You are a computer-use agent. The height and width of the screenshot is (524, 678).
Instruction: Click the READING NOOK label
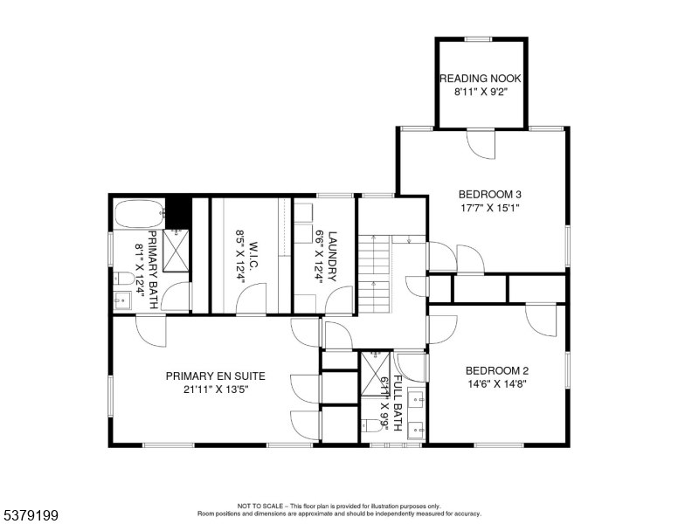click(x=481, y=78)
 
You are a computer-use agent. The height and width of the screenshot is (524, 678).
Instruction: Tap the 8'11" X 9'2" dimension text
click(x=481, y=91)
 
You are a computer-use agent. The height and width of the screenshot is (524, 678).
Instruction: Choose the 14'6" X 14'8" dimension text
click(x=495, y=383)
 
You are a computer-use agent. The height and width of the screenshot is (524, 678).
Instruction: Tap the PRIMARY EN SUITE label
click(x=215, y=376)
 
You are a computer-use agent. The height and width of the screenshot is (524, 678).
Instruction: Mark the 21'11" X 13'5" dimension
click(x=215, y=390)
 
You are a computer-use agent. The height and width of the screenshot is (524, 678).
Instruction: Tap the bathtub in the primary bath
click(x=139, y=211)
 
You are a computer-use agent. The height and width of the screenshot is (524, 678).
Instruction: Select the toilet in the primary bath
click(x=123, y=279)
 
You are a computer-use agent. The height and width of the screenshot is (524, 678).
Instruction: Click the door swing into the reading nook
click(x=481, y=142)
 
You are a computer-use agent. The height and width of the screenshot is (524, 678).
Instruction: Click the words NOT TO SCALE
click(x=258, y=506)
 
